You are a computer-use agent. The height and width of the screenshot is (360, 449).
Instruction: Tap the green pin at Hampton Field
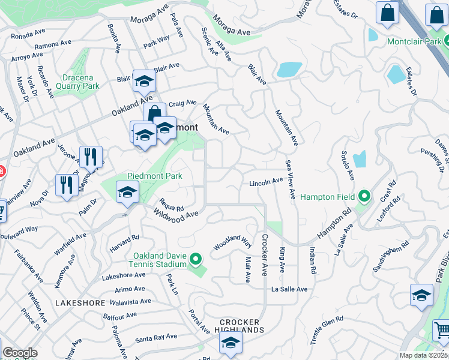click(x=363, y=197)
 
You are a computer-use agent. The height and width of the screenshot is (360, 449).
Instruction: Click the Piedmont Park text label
click(x=154, y=176)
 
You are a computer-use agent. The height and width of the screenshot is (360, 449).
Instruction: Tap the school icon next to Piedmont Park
click(x=127, y=193)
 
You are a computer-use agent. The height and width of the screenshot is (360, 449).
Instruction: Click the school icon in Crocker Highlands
click(x=230, y=343)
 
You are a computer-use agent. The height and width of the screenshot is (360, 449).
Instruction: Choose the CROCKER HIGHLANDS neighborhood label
click(x=241, y=326)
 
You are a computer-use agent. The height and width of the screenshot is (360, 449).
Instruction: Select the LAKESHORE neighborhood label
click(x=80, y=303)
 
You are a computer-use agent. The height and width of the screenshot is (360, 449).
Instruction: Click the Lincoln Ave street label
click(x=265, y=181)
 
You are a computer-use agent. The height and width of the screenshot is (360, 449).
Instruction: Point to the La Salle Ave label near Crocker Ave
click(x=289, y=289)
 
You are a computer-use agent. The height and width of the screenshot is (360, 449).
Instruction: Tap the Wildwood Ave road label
click(x=175, y=214)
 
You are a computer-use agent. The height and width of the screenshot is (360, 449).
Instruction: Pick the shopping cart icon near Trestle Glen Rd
click(x=441, y=331)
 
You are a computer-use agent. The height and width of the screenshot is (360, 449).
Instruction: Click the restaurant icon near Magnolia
click(x=91, y=157)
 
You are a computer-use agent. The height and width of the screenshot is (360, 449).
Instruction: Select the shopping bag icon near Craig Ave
click(x=154, y=113)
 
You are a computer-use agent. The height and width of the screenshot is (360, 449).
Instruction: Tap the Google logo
click(x=20, y=353)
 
